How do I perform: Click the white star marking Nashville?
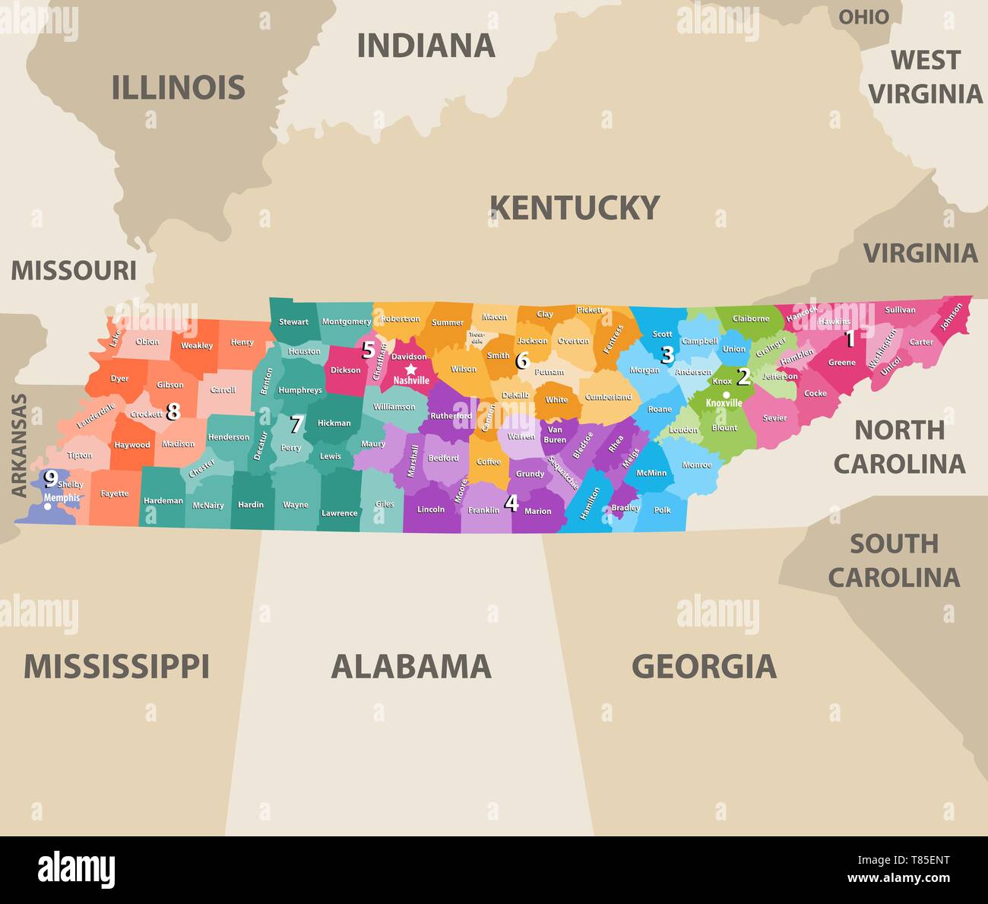coord(411,369)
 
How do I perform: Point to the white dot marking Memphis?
coord(48,507)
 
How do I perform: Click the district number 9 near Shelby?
coord(51,478)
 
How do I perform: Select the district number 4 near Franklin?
coord(511,503)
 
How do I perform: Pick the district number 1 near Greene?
coord(850,338)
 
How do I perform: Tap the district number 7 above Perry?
coord(296,424)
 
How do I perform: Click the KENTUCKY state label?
coord(575,208)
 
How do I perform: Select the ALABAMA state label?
coord(411,666)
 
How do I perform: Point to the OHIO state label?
coord(863,17)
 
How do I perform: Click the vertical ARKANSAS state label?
coord(19,446)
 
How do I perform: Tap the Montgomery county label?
coord(347,322)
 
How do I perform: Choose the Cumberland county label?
coord(608,397)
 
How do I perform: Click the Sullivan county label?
coord(901,310)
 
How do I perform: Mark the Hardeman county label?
coord(163,500)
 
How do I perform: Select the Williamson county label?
coord(394,407)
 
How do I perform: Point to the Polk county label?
coord(663,510)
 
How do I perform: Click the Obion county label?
coord(147,341)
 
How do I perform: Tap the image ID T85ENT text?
coord(920,860)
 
